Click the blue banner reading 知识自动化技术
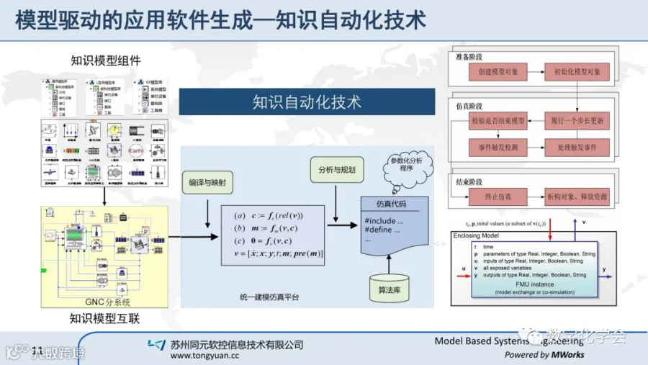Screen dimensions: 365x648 point(307,102)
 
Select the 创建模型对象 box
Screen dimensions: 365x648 point(498,73)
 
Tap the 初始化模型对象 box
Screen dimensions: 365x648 point(577,73)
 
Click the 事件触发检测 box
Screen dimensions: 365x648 point(498,147)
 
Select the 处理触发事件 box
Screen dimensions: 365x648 point(577,147)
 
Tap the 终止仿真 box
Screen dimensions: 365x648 point(498,196)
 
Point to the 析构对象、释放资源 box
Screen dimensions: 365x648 point(577,196)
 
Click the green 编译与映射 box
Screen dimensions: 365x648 point(207,183)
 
